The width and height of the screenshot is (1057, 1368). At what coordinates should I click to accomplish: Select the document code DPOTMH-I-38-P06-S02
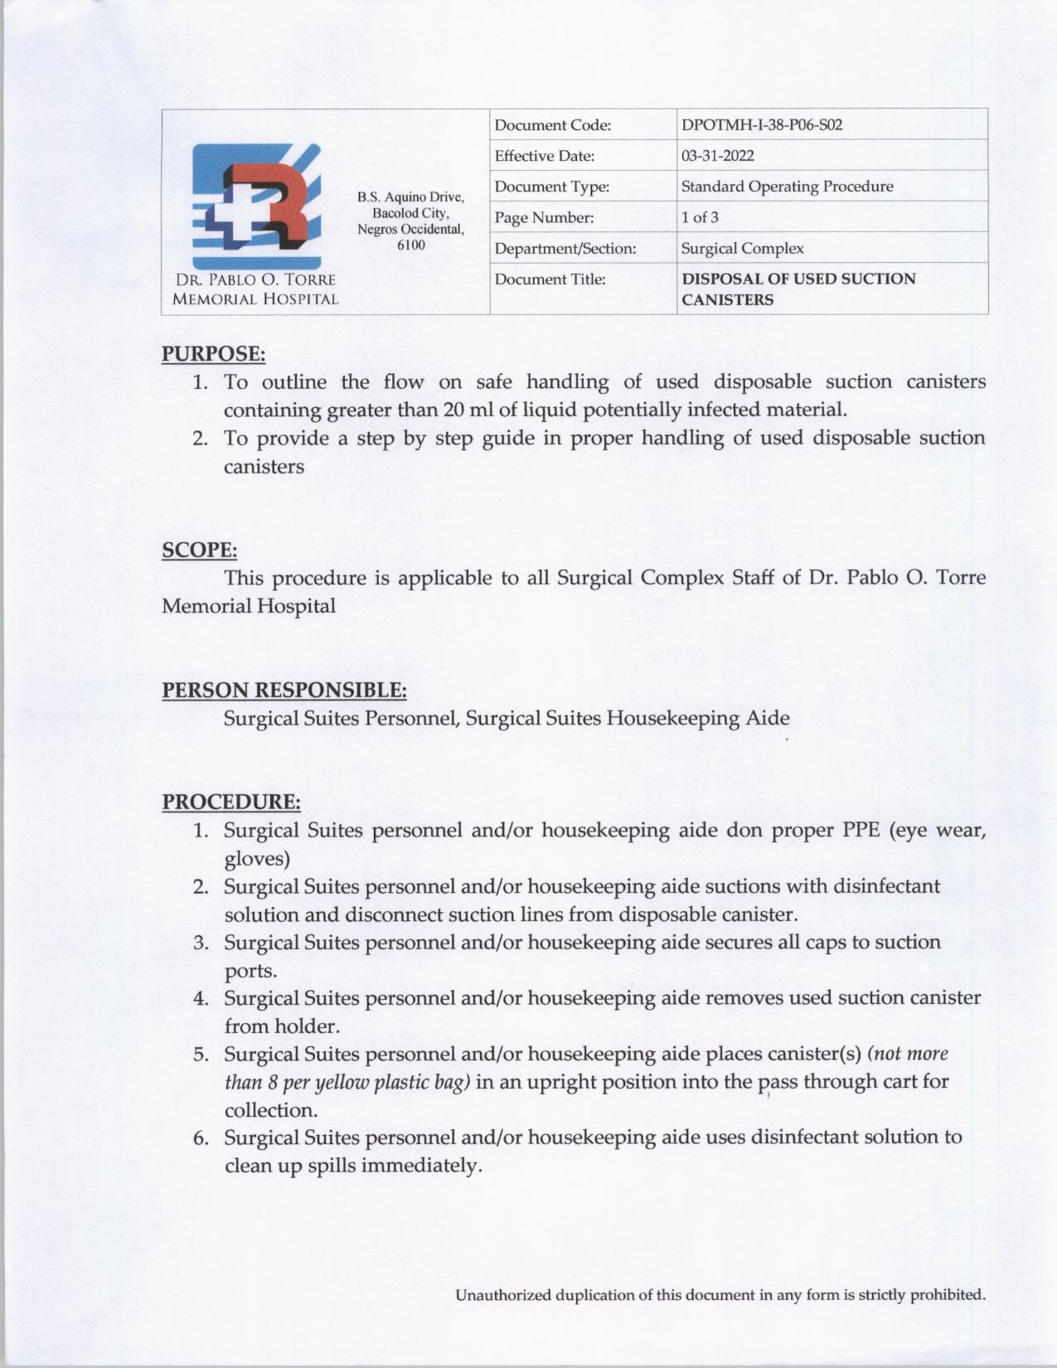click(761, 125)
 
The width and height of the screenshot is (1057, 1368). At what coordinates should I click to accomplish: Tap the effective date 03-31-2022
click(717, 156)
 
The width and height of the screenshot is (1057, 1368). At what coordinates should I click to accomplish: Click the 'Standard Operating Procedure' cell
click(787, 187)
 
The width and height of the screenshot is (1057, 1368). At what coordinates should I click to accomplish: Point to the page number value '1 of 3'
click(700, 217)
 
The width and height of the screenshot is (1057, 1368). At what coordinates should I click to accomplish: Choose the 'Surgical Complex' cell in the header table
click(742, 248)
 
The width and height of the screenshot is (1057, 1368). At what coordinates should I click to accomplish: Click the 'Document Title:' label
click(550, 279)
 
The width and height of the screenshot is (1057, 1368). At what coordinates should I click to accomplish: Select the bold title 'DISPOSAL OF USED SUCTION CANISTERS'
click(798, 289)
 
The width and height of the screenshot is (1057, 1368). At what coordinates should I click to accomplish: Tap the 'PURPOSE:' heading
click(213, 354)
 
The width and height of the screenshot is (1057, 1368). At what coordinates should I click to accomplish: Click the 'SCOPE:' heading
click(199, 550)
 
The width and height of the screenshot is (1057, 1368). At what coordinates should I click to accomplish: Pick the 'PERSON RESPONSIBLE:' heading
click(284, 690)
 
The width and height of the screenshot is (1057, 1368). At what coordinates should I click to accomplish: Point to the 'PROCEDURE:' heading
click(230, 802)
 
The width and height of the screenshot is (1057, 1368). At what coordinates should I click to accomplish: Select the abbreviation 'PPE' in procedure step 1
click(861, 830)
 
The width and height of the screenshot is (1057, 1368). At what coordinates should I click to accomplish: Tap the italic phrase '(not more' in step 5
click(907, 1054)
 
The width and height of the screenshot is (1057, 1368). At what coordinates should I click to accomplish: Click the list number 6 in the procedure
click(201, 1138)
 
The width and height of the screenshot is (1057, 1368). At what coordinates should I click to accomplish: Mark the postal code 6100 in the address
click(410, 245)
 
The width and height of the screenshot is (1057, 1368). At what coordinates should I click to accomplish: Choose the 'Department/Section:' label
click(565, 249)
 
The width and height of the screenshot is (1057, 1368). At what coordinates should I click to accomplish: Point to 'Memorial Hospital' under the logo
click(255, 299)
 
